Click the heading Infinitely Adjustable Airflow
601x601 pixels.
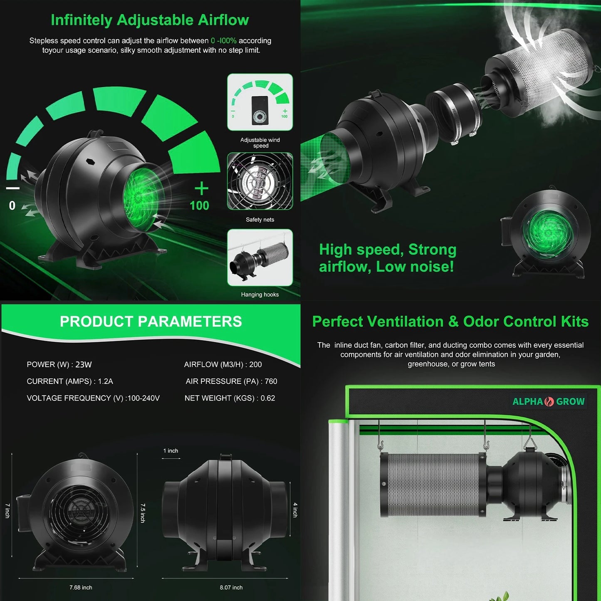click(150, 20)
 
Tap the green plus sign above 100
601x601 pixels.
click(201, 188)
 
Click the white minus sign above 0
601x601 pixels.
click(13, 188)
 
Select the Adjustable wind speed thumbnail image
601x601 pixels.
click(260, 102)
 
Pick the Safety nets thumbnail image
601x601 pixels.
click(260, 181)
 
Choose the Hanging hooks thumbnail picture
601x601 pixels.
click(260, 257)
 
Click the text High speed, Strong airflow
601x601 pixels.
click(387, 258)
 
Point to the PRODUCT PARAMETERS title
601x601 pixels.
click(151, 322)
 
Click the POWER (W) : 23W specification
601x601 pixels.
click(59, 365)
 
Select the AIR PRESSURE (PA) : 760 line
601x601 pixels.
click(231, 381)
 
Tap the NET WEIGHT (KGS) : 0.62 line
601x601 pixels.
click(230, 398)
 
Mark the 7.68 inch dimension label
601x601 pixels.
click(81, 588)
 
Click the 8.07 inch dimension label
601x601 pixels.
click(231, 588)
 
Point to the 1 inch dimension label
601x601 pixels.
click(171, 451)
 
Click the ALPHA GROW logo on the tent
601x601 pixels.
click(548, 401)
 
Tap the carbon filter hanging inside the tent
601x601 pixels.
click(433, 485)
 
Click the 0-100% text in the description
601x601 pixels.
click(223, 41)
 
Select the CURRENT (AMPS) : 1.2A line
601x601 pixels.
click(70, 381)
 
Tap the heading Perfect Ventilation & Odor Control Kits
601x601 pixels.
click(450, 322)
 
